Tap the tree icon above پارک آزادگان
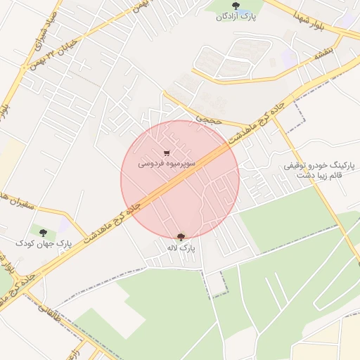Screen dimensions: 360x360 pyautogui.click(x=235, y=6)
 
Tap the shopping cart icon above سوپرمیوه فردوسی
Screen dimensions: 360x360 pyautogui.click(x=167, y=152)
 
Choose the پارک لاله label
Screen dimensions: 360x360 pyautogui.click(x=181, y=247)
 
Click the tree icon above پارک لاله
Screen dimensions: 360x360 pyautogui.click(x=181, y=238)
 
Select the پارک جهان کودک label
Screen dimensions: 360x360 pyautogui.click(x=44, y=243)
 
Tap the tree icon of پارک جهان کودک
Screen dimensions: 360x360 pyautogui.click(x=44, y=233)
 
